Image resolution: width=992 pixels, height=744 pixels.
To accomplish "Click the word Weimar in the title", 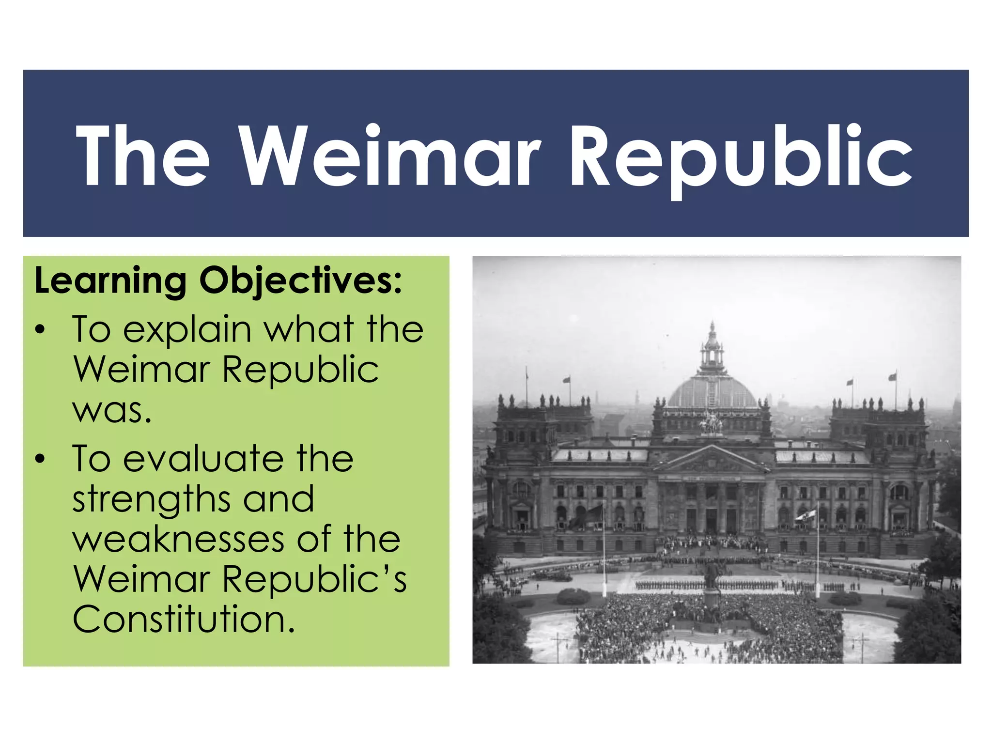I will [x=390, y=156].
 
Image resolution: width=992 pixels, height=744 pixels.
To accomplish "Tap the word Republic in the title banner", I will [x=741, y=156].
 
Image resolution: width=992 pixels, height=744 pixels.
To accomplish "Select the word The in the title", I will [x=143, y=156].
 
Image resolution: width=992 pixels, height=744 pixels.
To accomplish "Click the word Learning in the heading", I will [x=110, y=281].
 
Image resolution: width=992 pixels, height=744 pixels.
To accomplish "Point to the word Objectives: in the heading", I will [x=301, y=281].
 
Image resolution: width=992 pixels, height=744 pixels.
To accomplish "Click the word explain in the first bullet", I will [x=187, y=330].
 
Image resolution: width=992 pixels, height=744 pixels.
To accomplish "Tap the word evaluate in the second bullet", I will [x=203, y=459].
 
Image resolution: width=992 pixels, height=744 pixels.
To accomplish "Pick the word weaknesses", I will [x=178, y=540].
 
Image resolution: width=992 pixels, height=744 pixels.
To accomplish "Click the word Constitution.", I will [x=184, y=620].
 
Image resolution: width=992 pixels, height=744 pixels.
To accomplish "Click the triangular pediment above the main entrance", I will [x=712, y=460].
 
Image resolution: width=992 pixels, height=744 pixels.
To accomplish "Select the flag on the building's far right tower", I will [x=893, y=377].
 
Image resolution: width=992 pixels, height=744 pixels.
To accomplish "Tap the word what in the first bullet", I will [x=309, y=330].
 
